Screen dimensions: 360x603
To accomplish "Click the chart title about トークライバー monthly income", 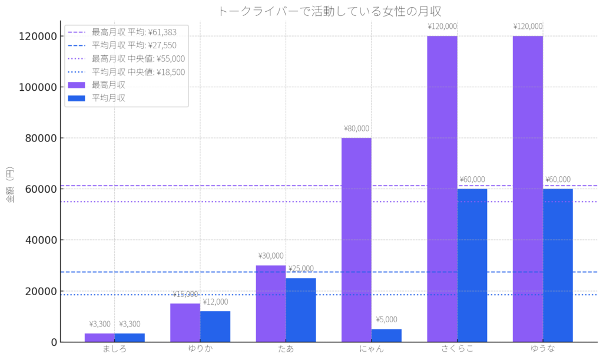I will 330,11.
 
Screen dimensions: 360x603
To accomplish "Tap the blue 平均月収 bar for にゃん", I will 386,335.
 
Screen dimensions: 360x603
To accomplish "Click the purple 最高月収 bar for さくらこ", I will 442,189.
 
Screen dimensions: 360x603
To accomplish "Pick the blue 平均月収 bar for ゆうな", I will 558,265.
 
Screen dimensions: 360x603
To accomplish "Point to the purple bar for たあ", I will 271,303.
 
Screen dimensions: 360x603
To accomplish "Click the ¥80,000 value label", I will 356,128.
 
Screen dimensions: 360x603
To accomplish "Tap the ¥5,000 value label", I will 386,320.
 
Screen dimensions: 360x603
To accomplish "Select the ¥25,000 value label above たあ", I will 301,269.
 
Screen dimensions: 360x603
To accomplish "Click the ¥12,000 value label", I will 216,302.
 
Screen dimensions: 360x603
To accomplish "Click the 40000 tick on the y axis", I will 42,240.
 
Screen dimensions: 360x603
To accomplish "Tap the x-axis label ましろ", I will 114,349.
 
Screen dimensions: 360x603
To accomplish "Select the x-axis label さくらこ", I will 457,349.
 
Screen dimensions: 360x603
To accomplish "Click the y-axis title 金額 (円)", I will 10,186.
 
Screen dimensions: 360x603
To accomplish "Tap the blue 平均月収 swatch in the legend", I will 77,98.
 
